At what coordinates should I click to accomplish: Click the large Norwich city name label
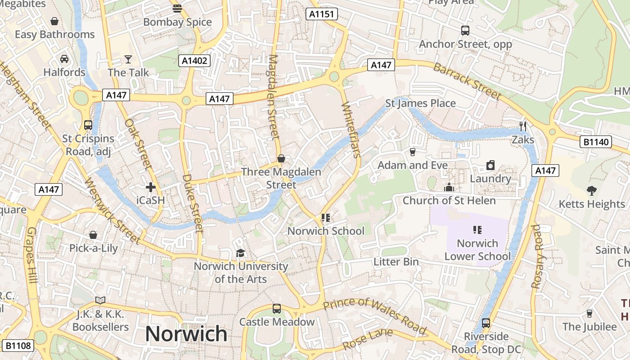pyautogui.click(x=186, y=334)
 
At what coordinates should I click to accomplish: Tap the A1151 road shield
pyautogui.click(x=322, y=14)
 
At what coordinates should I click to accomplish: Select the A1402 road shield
pyautogui.click(x=194, y=61)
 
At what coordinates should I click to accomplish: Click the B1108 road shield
pyautogui.click(x=18, y=346)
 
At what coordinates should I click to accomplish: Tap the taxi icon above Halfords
pyautogui.click(x=64, y=59)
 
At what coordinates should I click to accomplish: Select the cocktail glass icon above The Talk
pyautogui.click(x=128, y=59)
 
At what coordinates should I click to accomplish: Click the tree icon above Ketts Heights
pyautogui.click(x=592, y=191)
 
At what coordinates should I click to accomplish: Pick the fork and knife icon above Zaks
pyautogui.click(x=522, y=126)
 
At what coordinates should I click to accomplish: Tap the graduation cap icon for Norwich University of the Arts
pyautogui.click(x=240, y=253)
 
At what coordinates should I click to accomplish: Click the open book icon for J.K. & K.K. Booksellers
pyautogui.click(x=100, y=300)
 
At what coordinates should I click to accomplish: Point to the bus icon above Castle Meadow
pyautogui.click(x=277, y=309)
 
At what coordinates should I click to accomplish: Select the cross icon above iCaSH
pyautogui.click(x=150, y=187)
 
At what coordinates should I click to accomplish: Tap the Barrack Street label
pyautogui.click(x=467, y=81)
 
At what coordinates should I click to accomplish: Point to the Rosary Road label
pyautogui.click(x=536, y=256)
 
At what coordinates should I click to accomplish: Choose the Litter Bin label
pyautogui.click(x=396, y=261)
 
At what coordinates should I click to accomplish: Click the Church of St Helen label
pyautogui.click(x=449, y=200)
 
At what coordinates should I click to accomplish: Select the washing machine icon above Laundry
pyautogui.click(x=490, y=165)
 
